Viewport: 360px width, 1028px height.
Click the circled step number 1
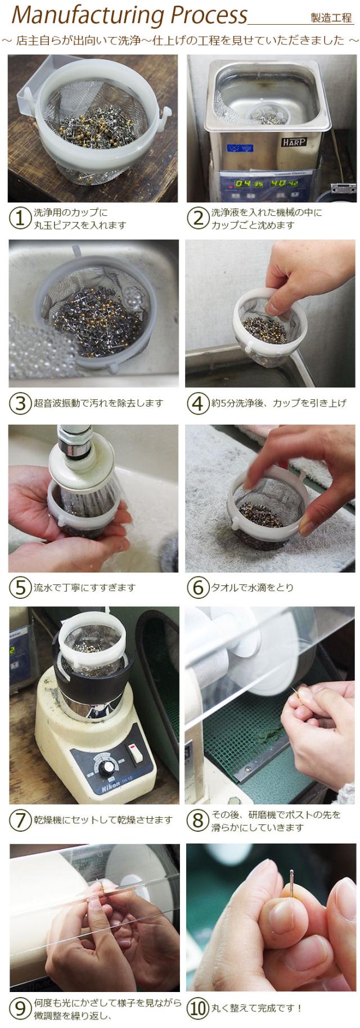[20, 219]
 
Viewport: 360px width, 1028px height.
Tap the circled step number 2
[197, 219]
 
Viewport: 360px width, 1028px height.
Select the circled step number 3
[20, 403]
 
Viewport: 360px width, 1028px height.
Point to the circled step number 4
[197, 403]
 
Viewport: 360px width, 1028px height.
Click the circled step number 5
[20, 588]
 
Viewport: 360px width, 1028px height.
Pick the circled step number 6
[197, 588]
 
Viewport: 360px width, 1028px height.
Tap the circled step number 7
[20, 820]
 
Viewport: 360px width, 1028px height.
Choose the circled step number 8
[197, 820]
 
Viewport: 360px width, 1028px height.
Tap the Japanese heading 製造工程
[331, 18]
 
